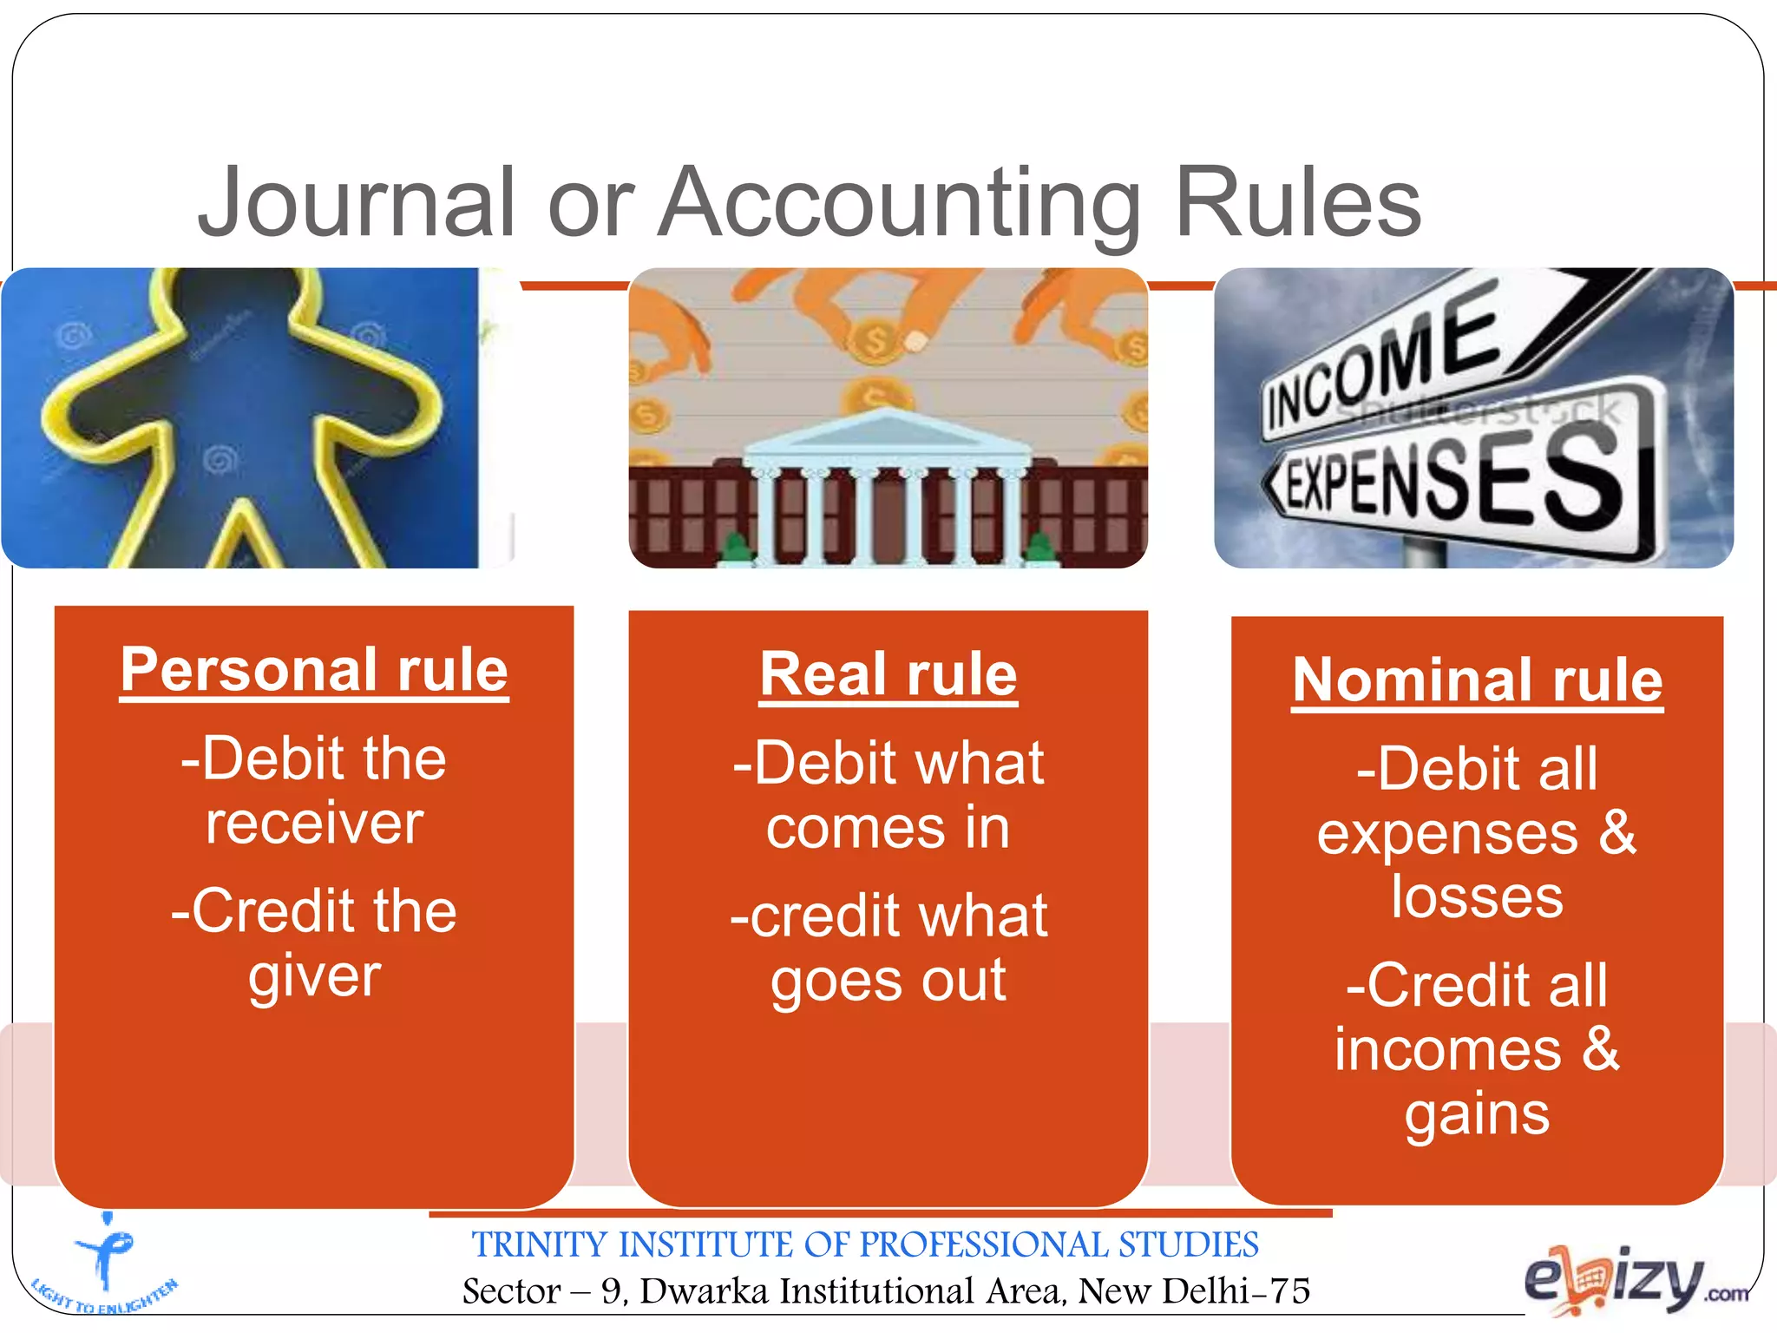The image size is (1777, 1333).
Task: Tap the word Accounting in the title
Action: coord(899,205)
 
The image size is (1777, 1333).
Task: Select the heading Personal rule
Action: coord(314,670)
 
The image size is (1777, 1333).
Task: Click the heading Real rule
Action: coord(888,675)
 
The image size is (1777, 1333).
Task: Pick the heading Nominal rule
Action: coord(1477,680)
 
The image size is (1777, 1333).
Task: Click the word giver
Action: coord(315,977)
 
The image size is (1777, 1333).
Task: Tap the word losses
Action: coord(1477,897)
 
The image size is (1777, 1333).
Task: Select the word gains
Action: coord(1477,1114)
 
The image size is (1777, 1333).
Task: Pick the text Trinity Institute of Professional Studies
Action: coord(865,1244)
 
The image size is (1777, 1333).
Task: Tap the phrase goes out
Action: coord(888,981)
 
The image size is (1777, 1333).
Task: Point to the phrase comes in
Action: coord(888,828)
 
